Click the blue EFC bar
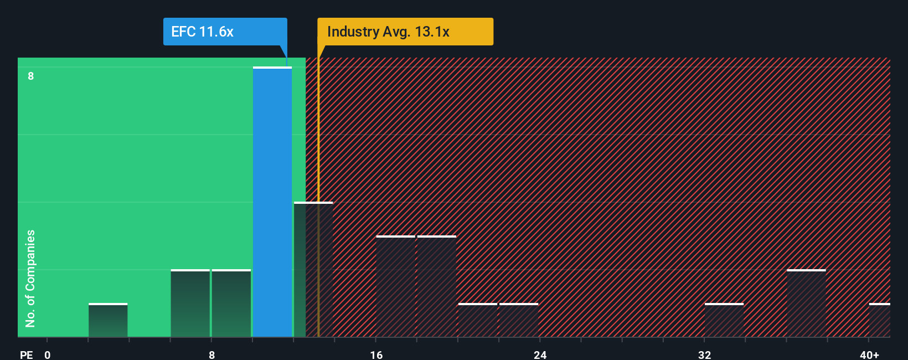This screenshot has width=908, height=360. (x=272, y=202)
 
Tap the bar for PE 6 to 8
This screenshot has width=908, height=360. (x=190, y=304)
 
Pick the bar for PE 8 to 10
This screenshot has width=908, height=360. (x=231, y=304)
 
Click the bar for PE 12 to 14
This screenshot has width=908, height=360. (x=313, y=270)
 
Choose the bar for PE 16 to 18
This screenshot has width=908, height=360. (x=395, y=286)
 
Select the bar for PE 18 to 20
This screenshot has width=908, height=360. (x=436, y=286)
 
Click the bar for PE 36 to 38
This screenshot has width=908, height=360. (x=806, y=304)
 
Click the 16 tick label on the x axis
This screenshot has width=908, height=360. (x=376, y=354)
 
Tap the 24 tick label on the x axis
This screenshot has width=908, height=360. (x=540, y=354)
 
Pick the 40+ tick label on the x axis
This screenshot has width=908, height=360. (x=869, y=354)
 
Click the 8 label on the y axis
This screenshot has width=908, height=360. (x=31, y=76)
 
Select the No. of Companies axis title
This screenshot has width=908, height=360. (x=30, y=278)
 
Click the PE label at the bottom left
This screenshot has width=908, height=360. (x=26, y=354)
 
